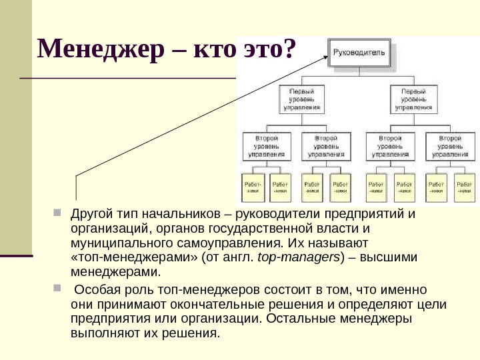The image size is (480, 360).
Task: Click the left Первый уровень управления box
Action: (301, 97)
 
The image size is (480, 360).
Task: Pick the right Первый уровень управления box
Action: (413, 97)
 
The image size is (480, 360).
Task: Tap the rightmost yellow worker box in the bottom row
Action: (464, 187)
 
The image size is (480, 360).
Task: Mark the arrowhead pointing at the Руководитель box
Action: (323, 55)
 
